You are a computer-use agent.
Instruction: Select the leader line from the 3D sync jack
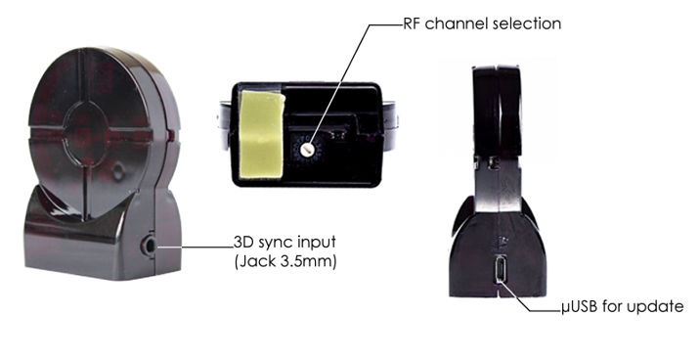pyautogui.click(x=196, y=247)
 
